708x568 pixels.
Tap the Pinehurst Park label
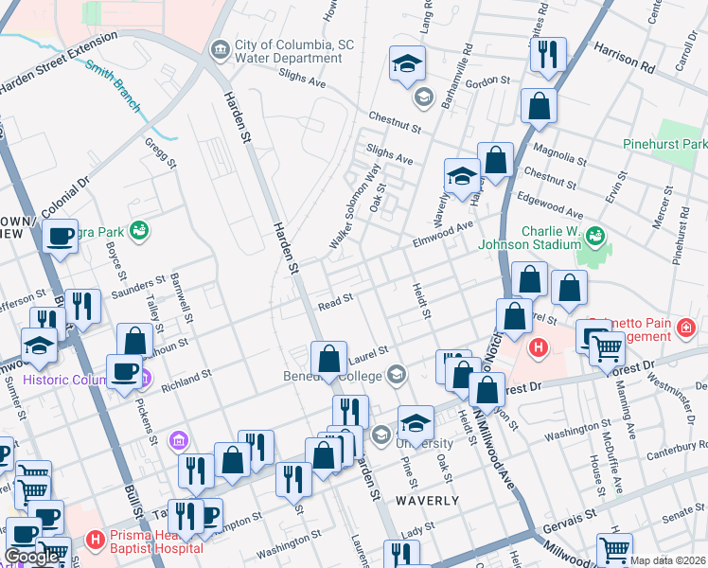[x=665, y=144]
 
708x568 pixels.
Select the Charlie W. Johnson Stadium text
[x=549, y=242]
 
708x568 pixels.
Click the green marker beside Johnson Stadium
[x=596, y=234]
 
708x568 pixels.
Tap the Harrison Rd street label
[x=625, y=58]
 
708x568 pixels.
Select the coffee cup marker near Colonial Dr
[x=61, y=237]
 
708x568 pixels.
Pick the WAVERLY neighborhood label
[x=427, y=500]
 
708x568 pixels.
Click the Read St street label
[x=335, y=301]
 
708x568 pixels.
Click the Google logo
[x=32, y=557]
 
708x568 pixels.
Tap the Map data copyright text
[x=667, y=560]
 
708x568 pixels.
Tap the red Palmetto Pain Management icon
[x=686, y=328]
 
